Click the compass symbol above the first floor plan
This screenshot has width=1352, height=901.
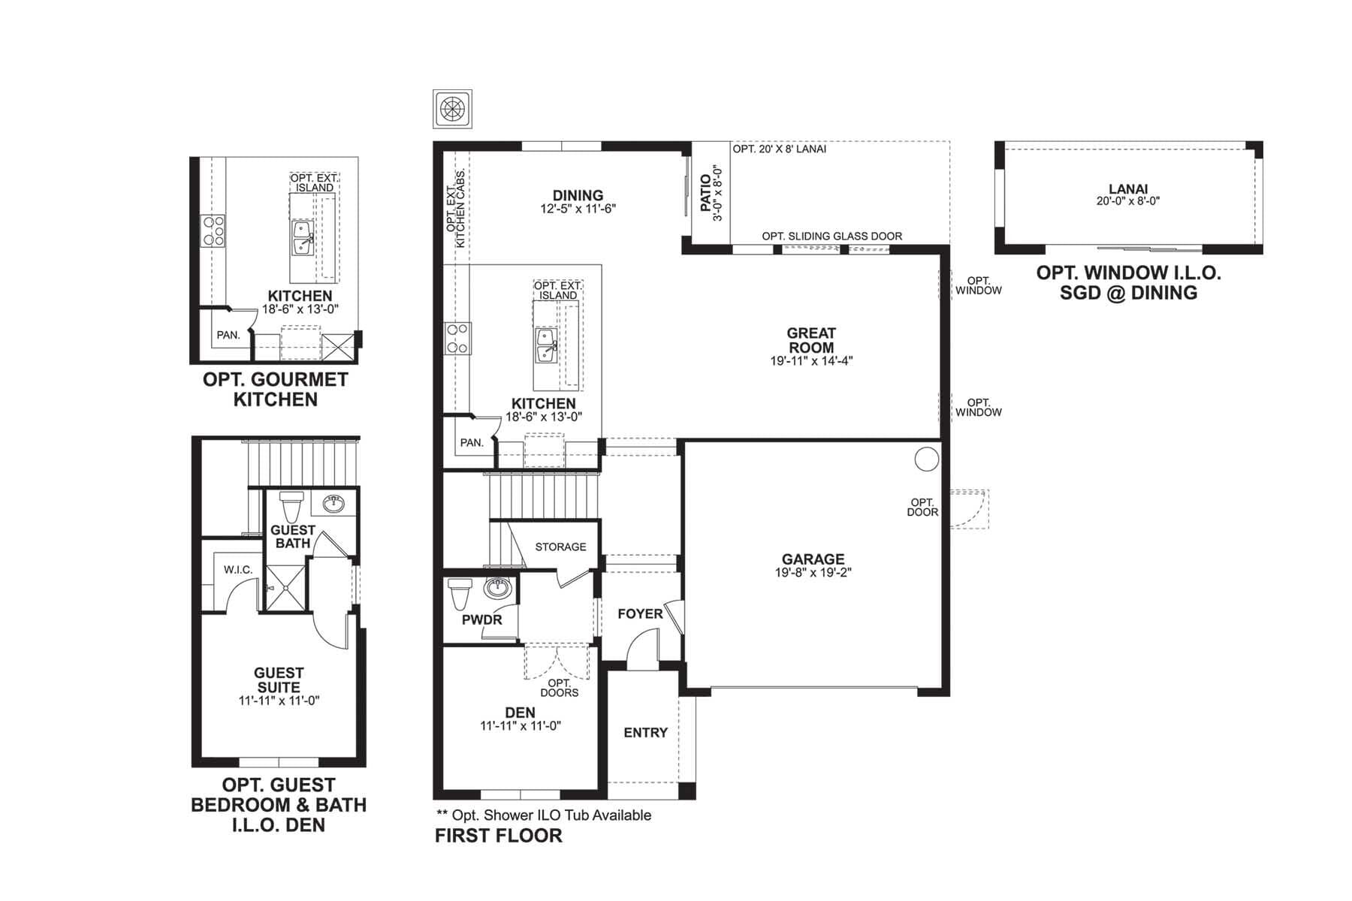click(452, 109)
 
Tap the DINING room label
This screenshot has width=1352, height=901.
click(578, 195)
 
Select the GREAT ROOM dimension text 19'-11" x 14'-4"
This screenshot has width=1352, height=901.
click(811, 361)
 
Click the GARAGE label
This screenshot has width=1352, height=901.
click(813, 559)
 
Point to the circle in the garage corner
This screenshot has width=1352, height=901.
click(926, 459)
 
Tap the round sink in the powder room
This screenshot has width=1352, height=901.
click(496, 587)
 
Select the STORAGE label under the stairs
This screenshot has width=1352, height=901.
click(560, 547)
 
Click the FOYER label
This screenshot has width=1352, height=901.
click(640, 614)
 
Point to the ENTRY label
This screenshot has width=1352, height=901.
click(645, 733)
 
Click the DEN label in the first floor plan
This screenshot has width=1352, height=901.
click(520, 713)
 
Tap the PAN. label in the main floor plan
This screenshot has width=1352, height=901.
click(472, 443)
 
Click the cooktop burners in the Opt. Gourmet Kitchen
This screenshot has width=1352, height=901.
click(213, 231)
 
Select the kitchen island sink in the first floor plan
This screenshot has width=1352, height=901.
click(546, 346)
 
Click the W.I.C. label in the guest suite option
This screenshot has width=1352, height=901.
click(238, 570)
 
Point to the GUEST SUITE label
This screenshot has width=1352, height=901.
click(279, 680)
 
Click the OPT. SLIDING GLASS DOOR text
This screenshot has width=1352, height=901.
click(832, 237)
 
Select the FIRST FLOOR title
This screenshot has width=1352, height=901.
click(499, 836)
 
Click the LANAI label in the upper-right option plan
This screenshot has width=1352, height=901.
click(1128, 190)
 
